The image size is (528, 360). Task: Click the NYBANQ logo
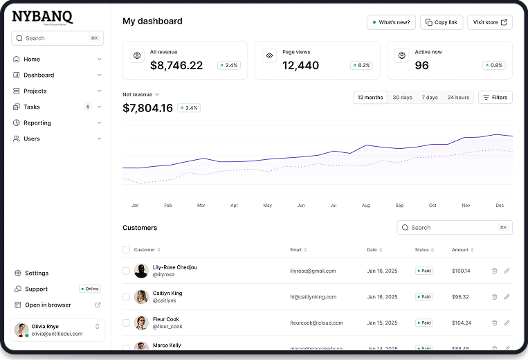[42, 18]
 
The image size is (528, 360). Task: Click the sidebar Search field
[57, 38]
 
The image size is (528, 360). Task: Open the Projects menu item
[35, 91]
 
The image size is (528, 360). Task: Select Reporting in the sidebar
[37, 123]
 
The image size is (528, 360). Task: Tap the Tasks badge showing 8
[88, 107]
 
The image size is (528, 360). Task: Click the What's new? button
[391, 22]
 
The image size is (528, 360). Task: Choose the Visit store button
[489, 22]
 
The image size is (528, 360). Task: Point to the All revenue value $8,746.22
[176, 66]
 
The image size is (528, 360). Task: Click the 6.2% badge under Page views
[361, 65]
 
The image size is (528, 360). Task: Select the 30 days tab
[402, 98]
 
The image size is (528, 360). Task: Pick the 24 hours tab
[458, 98]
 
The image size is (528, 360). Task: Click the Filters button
[495, 98]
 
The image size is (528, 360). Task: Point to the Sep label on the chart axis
[399, 206]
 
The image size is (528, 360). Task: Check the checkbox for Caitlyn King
[126, 296]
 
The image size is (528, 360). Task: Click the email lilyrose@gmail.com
[313, 271]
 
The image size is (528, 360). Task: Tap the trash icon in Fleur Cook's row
[494, 323]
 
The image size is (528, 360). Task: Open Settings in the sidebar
[37, 273]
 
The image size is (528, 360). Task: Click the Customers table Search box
[454, 227]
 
